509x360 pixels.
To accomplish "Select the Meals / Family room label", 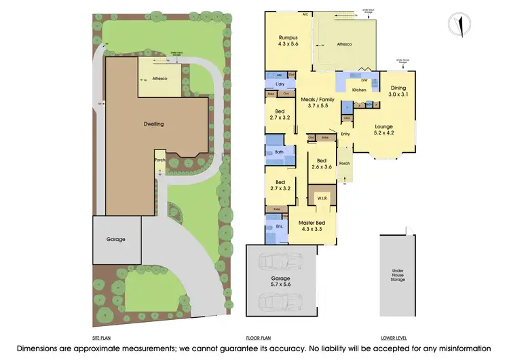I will (x=318, y=99).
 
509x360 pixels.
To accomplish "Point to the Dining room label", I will (x=398, y=88).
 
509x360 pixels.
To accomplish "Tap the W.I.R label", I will (x=322, y=198).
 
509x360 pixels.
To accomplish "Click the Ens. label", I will (x=279, y=226).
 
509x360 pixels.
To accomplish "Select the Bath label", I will (x=279, y=152).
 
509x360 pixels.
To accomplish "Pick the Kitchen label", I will (x=359, y=90).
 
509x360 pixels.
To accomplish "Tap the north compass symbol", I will (x=461, y=24).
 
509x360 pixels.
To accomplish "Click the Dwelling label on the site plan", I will (x=154, y=124).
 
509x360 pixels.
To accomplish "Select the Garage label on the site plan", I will (x=115, y=239).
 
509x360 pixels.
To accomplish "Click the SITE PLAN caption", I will (x=102, y=338).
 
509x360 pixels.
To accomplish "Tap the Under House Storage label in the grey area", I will (x=398, y=274).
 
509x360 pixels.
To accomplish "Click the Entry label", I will (x=345, y=134).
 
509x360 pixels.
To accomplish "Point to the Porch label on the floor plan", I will (x=344, y=163).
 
